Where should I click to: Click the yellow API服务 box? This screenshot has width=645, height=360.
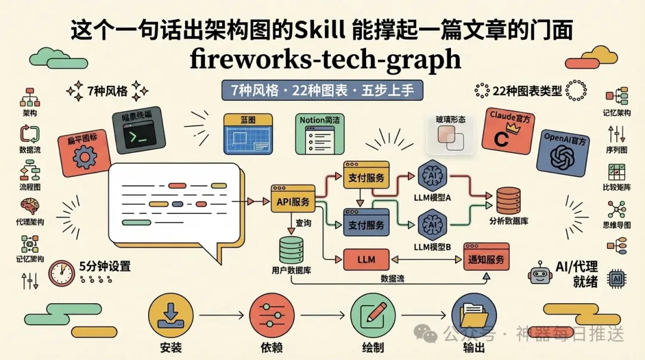pyautogui.click(x=293, y=199)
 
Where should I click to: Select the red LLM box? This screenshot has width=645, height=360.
pyautogui.click(x=366, y=260)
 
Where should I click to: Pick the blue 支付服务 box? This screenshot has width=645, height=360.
pyautogui.click(x=366, y=222)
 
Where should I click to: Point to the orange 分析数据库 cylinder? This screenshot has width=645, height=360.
pyautogui.click(x=509, y=201)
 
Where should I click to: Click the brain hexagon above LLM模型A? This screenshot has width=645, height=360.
pyautogui.click(x=432, y=176)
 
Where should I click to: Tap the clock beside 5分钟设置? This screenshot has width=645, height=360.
pyautogui.click(x=62, y=273)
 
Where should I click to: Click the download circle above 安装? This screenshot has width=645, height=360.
pyautogui.click(x=171, y=315)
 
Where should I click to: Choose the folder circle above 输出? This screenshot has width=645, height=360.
pyautogui.click(x=474, y=315)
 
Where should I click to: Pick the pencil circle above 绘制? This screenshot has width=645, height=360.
pyautogui.click(x=373, y=315)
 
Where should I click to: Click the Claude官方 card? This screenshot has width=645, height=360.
pyautogui.click(x=508, y=131)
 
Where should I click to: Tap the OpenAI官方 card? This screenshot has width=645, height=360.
pyautogui.click(x=563, y=153)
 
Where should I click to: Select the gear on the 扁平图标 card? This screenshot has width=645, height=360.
pyautogui.click(x=84, y=157)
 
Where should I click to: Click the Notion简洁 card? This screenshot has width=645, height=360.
pyautogui.click(x=320, y=134)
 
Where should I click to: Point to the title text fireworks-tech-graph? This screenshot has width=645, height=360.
pyautogui.click(x=325, y=59)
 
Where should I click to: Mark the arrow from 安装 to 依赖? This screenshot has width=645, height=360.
pyautogui.click(x=222, y=315)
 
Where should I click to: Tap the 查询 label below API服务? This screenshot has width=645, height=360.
pyautogui.click(x=303, y=223)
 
